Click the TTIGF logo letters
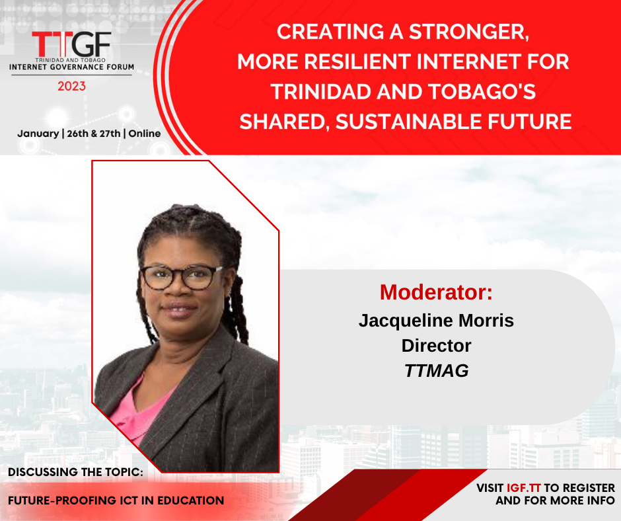tap(71, 44)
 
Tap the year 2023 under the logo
tap(72, 86)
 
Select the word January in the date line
tap(38, 134)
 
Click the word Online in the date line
tap(145, 134)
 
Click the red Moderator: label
tap(436, 292)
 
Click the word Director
tap(436, 346)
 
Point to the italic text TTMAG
tap(437, 371)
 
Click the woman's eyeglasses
tap(181, 277)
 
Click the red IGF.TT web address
tap(524, 488)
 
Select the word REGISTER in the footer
tap(589, 488)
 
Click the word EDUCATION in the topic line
tap(191, 501)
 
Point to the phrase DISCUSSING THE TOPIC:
tap(76, 472)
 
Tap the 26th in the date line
tap(78, 134)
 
